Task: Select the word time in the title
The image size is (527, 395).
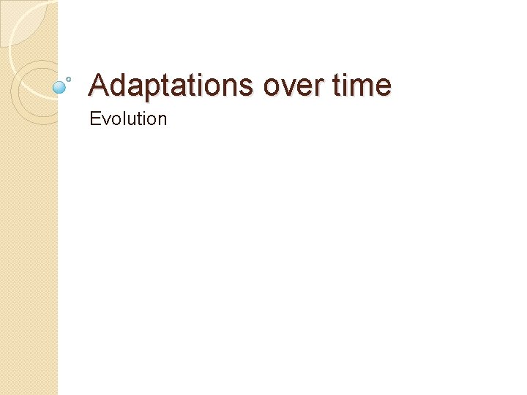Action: click(362, 86)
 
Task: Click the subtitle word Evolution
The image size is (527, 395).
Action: click(128, 118)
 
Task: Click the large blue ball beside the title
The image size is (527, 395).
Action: click(60, 87)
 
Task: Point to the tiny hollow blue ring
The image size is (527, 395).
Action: click(69, 78)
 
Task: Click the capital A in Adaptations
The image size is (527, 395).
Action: click(99, 86)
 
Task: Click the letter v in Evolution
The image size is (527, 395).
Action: click(104, 120)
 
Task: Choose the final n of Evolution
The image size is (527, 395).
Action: click(162, 120)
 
